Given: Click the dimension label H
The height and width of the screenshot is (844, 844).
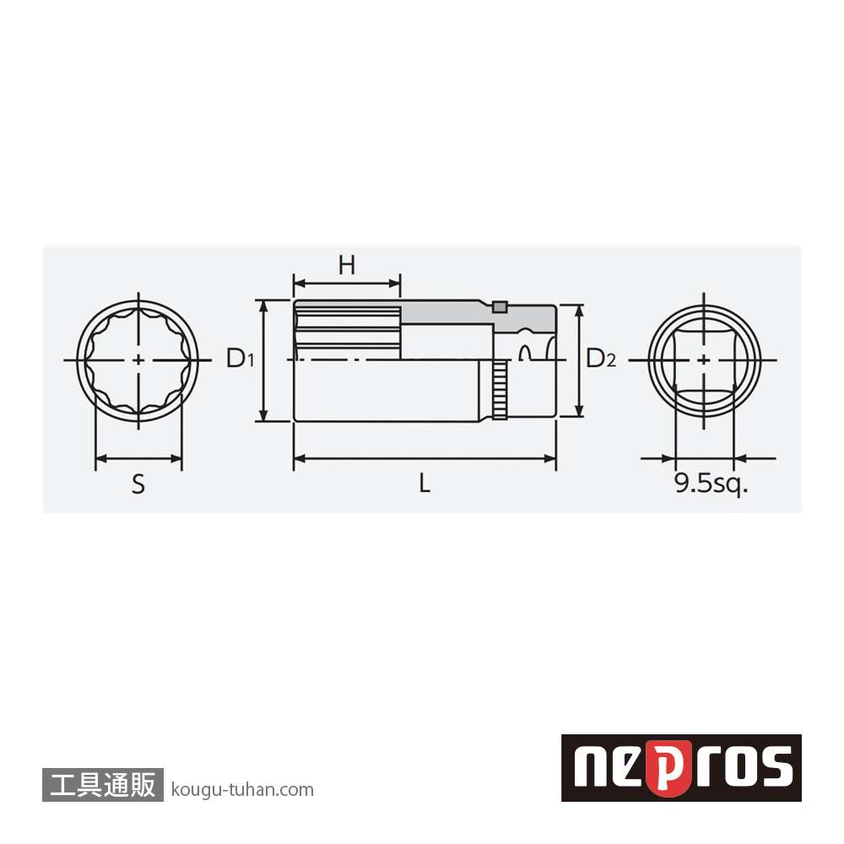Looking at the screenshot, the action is (x=347, y=265).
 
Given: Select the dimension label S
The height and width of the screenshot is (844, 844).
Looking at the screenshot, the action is (x=138, y=484).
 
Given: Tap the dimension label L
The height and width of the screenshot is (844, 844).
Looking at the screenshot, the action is (x=425, y=483).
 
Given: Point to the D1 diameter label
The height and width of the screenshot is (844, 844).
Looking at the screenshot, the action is (x=240, y=358).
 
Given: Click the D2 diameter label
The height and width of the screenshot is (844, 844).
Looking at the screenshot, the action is (x=601, y=358).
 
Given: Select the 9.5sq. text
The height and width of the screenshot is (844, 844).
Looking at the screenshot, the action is (x=711, y=484).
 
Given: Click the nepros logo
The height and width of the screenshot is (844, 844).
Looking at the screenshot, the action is (x=681, y=767).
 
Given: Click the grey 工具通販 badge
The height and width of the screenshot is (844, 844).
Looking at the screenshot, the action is (x=103, y=784).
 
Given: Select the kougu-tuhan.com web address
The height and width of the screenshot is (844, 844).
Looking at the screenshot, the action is (x=242, y=790).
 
